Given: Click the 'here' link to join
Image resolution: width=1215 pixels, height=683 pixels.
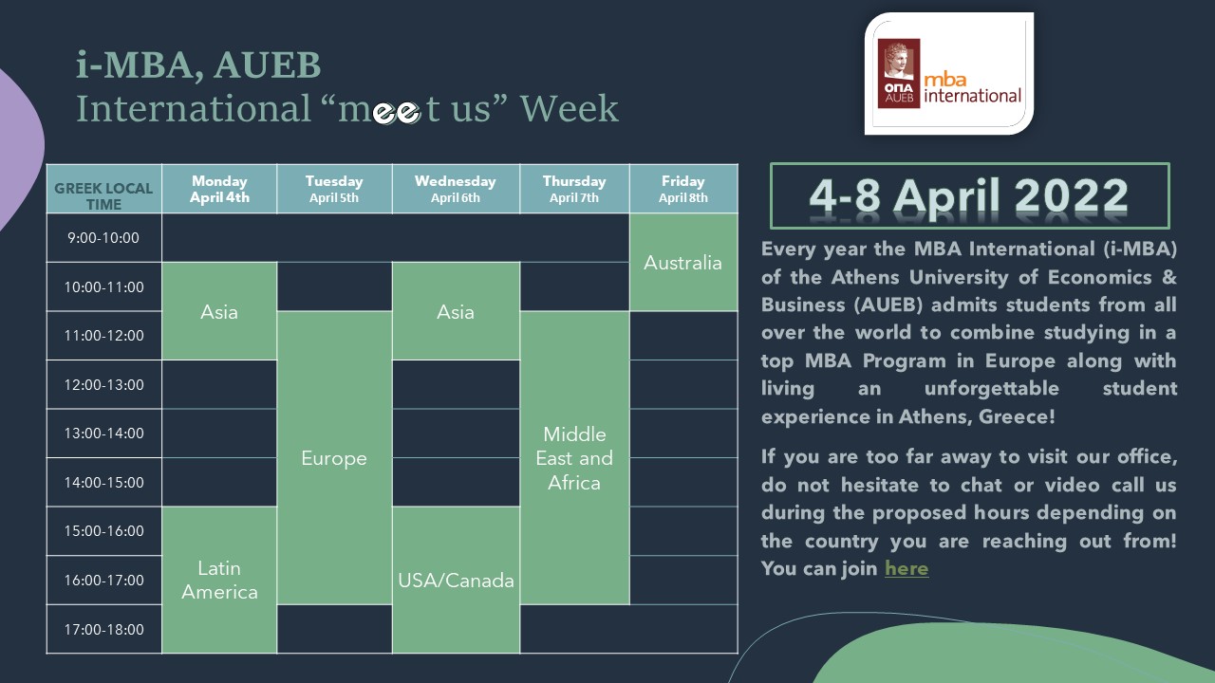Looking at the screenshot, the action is (x=907, y=568).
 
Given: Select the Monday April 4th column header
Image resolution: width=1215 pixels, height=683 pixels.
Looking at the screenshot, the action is (x=219, y=189).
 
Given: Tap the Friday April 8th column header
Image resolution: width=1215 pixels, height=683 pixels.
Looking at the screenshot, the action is (x=683, y=189).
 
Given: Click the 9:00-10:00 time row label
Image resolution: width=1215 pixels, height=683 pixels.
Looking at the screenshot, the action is (x=103, y=237).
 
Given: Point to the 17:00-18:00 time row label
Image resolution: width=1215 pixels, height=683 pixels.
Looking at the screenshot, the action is (x=103, y=629).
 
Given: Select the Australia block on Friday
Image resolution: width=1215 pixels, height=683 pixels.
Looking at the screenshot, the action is (x=683, y=263).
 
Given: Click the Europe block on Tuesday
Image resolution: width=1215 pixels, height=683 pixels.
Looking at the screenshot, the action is (x=334, y=458).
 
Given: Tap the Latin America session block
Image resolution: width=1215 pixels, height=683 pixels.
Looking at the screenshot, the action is (x=219, y=580).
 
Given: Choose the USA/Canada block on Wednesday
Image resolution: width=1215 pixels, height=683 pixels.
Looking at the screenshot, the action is (x=456, y=580).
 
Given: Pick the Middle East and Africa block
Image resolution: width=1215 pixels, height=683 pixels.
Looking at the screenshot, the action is (x=574, y=458).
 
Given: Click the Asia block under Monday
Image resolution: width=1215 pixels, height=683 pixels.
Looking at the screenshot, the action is (x=219, y=311).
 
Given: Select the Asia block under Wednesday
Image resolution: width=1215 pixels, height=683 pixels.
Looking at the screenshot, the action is (x=456, y=311).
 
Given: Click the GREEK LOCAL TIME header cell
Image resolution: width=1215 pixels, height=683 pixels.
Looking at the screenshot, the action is (x=103, y=189).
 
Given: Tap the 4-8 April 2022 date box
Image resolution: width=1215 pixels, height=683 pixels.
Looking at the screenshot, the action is (x=969, y=195).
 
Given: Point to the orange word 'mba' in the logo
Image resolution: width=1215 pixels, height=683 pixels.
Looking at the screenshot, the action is (x=945, y=81).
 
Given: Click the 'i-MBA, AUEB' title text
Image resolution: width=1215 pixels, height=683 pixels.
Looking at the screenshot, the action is (x=198, y=66).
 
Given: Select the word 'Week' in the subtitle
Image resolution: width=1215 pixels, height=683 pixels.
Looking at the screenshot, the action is (x=569, y=108).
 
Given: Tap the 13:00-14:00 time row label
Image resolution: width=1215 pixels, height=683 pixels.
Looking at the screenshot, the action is (x=103, y=434).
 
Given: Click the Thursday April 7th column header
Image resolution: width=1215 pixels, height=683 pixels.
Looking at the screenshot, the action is (x=574, y=189).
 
